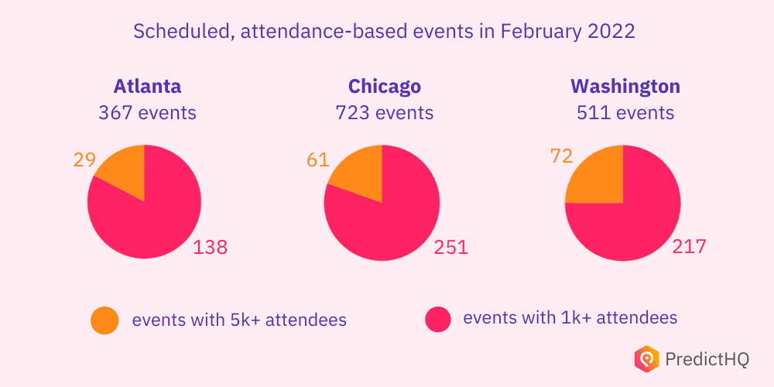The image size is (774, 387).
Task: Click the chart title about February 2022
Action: (385, 32)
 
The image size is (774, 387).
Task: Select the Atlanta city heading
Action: (147, 85)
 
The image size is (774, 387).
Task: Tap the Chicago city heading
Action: (384, 85)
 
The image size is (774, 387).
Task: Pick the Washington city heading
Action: (625, 85)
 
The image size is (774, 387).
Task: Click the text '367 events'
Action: (147, 113)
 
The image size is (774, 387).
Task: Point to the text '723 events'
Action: (384, 113)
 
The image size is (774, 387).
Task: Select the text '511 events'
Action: (625, 113)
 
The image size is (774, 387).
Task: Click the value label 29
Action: (84, 159)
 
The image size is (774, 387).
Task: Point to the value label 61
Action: (318, 160)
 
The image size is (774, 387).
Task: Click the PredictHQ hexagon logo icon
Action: (646, 358)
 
